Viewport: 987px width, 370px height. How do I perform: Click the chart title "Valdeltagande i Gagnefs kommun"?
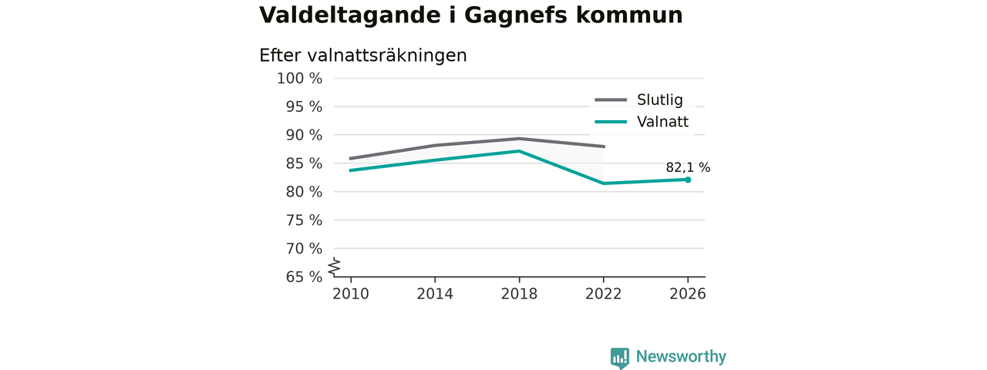[470, 15]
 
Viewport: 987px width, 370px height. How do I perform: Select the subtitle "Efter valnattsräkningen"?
[362, 55]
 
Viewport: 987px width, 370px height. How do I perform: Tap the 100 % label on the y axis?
[299, 79]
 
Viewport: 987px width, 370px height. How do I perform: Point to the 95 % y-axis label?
[304, 106]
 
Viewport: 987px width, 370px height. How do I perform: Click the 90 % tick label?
[304, 135]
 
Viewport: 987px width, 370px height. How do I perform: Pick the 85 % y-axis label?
[304, 163]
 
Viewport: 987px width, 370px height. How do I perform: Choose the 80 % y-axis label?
[304, 192]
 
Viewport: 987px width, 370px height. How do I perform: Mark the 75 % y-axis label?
[304, 220]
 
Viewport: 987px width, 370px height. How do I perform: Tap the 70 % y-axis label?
[304, 248]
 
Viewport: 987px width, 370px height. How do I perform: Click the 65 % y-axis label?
[304, 277]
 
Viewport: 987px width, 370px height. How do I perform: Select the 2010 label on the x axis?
[351, 294]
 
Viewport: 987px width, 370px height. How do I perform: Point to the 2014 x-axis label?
[435, 294]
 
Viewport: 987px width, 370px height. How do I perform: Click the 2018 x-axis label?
[519, 294]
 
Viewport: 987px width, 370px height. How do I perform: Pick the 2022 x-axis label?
[603, 294]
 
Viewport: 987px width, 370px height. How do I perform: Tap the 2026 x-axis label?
[687, 294]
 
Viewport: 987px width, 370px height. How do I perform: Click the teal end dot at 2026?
[688, 180]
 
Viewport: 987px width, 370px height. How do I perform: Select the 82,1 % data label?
[688, 167]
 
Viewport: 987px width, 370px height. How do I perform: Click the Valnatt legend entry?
[642, 122]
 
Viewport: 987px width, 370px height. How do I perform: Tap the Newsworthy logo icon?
[619, 357]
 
